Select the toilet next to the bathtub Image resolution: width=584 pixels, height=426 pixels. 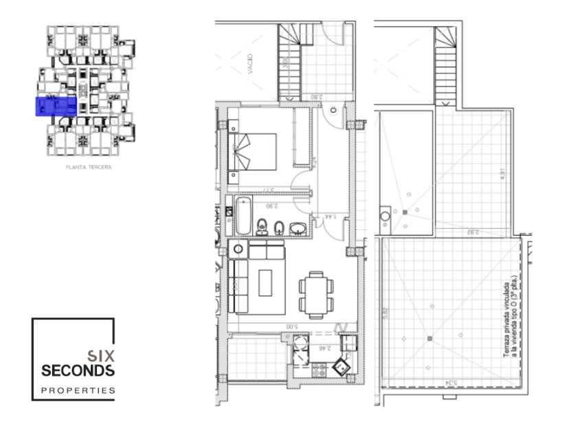(262, 225)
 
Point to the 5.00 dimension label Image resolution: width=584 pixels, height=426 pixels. (291, 326)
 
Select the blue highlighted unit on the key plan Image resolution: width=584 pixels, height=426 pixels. (56, 106)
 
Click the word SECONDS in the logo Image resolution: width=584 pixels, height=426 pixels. (77, 371)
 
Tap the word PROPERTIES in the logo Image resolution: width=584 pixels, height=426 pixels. (78, 390)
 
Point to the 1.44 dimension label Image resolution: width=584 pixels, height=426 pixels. (329, 217)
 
